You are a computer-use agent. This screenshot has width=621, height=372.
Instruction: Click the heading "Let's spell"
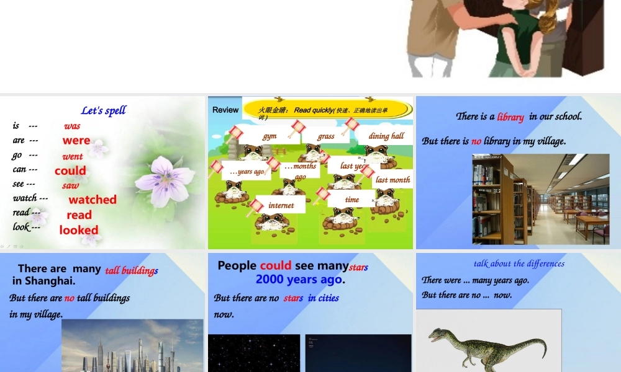click(103, 110)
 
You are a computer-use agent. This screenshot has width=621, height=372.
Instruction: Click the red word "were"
click(76, 140)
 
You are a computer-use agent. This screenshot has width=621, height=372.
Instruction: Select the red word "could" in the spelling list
click(70, 170)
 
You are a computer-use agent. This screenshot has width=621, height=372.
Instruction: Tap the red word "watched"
click(93, 200)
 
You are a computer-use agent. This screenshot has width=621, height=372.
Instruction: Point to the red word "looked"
click(79, 230)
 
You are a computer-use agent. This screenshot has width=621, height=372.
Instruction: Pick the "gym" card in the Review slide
click(270, 136)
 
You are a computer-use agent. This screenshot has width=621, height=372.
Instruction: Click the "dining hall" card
click(386, 136)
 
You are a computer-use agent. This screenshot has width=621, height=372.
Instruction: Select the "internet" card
click(281, 205)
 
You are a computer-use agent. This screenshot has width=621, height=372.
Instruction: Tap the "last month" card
click(393, 180)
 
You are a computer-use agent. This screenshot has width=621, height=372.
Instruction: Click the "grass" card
click(326, 136)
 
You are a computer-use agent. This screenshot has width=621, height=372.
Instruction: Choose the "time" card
click(352, 200)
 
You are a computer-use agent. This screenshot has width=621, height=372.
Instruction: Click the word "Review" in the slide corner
click(225, 110)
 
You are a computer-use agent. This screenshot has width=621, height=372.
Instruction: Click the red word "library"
click(510, 117)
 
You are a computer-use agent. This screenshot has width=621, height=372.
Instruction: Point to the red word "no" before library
click(476, 141)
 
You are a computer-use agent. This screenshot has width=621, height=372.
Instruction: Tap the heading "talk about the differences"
click(519, 263)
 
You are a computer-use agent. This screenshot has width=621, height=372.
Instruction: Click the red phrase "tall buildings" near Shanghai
click(131, 270)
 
